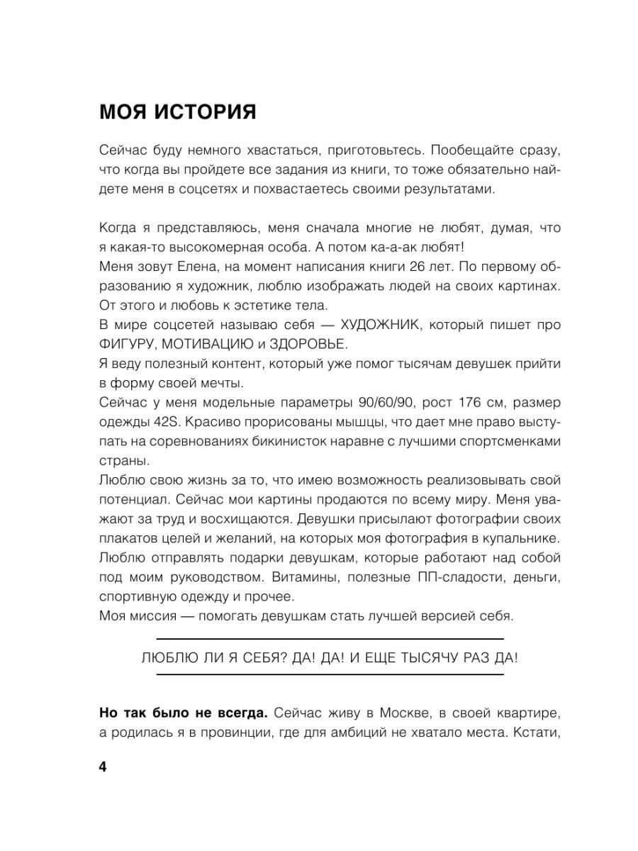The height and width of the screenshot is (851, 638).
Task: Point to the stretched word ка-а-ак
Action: coord(391,247)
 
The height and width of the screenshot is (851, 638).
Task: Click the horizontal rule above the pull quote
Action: coord(330,638)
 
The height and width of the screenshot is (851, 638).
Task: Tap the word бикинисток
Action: coord(309,441)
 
